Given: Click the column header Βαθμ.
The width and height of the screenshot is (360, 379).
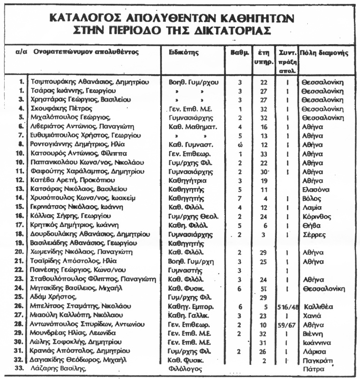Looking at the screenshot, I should click(240, 52).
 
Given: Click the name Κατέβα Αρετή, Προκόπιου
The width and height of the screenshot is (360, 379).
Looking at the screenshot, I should click(67, 180).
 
